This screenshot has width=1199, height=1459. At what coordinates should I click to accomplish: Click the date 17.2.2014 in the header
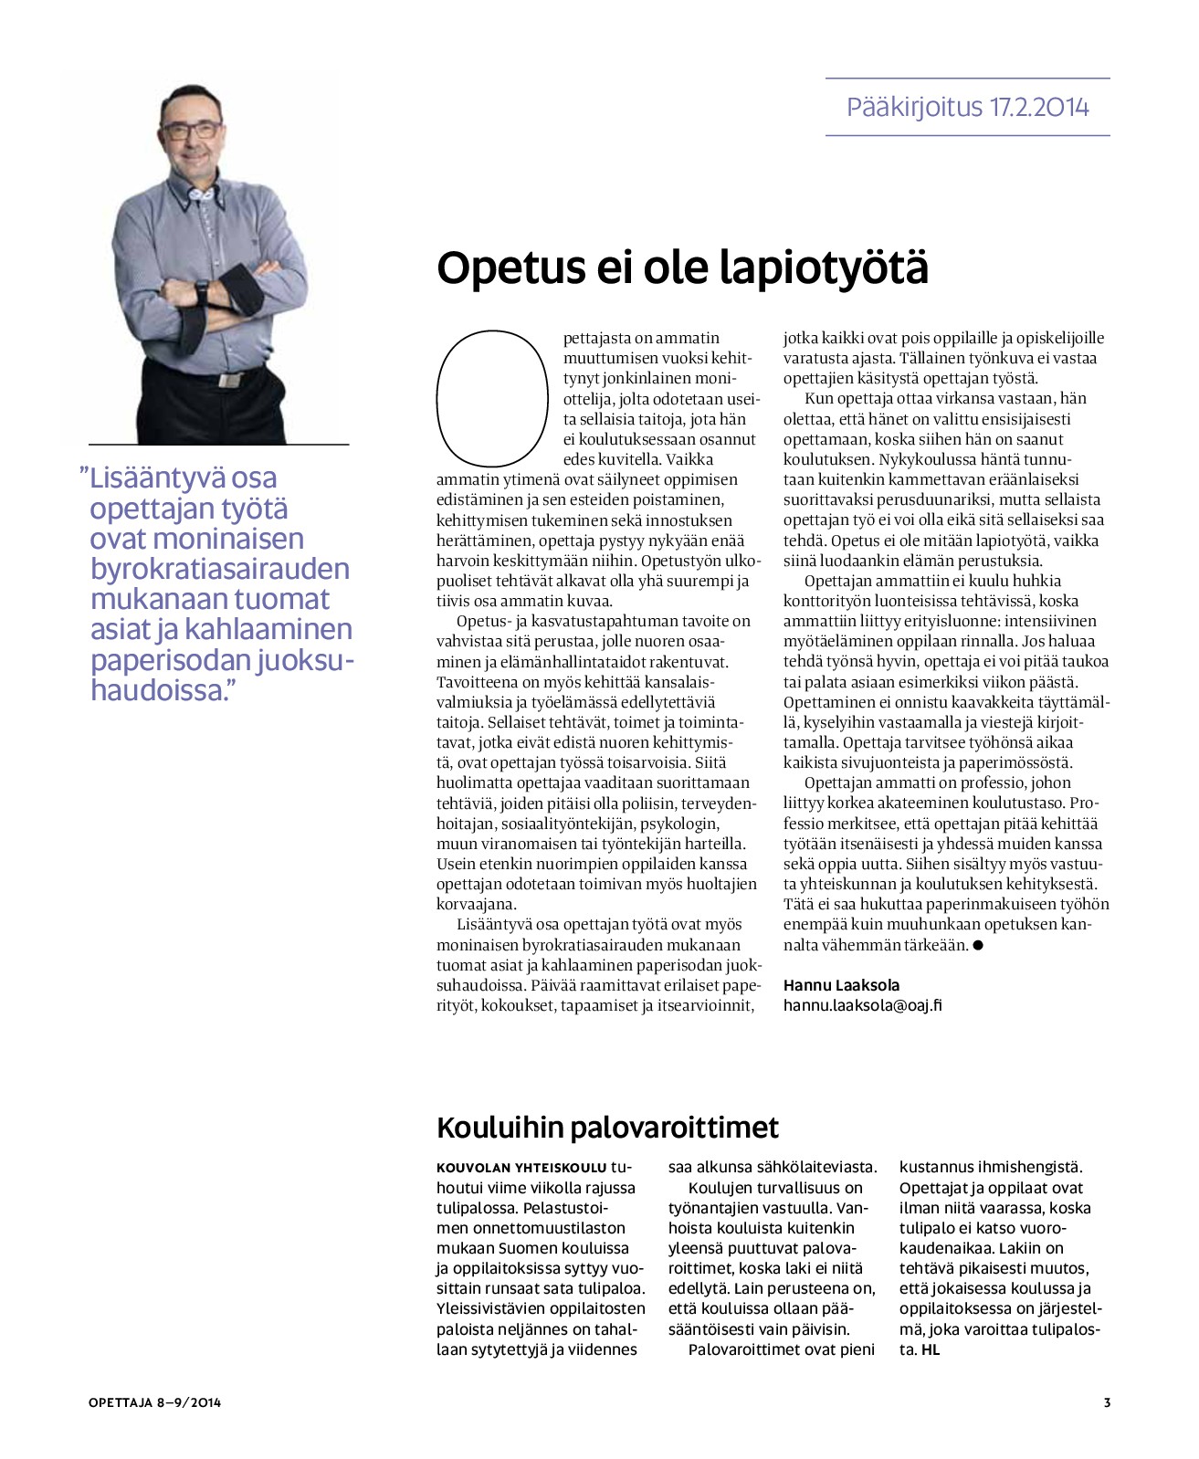coord(1039,108)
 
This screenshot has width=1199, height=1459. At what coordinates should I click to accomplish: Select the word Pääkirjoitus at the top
coord(914,108)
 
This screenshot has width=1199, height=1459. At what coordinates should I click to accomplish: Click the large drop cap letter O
coord(492,397)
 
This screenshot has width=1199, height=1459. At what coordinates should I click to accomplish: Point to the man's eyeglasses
coord(193,129)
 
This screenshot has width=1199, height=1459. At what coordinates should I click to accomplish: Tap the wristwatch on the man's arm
coord(201,291)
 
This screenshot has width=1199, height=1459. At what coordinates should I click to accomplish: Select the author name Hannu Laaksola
coord(841,985)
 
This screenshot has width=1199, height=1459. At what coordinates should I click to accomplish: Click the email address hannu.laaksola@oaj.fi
coord(862,1005)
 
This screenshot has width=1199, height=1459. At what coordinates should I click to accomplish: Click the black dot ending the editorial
coord(978,946)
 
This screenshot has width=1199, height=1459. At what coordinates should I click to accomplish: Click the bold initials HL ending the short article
coord(930,1349)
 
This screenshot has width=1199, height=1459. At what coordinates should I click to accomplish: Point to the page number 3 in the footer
coord(1107,1402)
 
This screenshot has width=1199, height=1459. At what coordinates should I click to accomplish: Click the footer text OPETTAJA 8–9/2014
coord(154,1402)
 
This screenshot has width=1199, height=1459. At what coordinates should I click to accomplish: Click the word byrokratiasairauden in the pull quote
coord(220,569)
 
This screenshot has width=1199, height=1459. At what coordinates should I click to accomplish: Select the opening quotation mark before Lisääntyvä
coord(84,476)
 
